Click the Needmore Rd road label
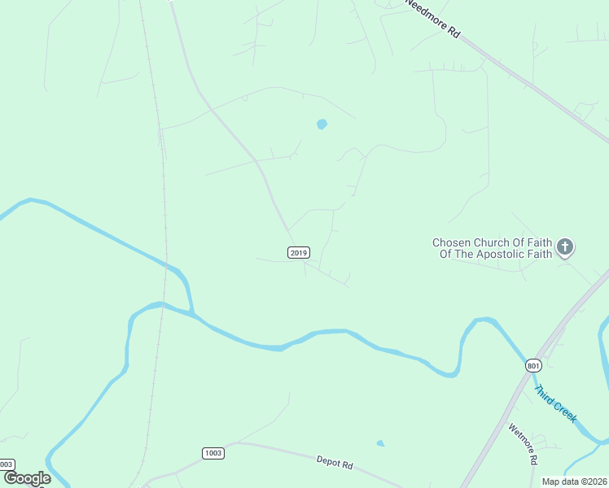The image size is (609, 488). (x=433, y=19)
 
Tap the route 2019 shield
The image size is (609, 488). (x=299, y=253)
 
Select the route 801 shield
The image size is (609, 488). (x=533, y=366)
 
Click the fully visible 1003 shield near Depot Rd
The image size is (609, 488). (x=213, y=453)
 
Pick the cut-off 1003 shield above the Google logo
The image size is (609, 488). (x=7, y=464)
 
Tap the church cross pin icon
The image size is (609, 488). (x=565, y=246)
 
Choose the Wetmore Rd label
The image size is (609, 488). (x=524, y=444)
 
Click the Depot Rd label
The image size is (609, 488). (x=335, y=463)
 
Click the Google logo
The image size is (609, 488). (x=27, y=478)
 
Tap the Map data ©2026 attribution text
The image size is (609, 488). (x=574, y=481)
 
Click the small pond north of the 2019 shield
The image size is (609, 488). (x=322, y=124)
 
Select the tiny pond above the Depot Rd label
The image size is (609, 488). (x=380, y=443)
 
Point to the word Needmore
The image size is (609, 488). (x=425, y=13)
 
